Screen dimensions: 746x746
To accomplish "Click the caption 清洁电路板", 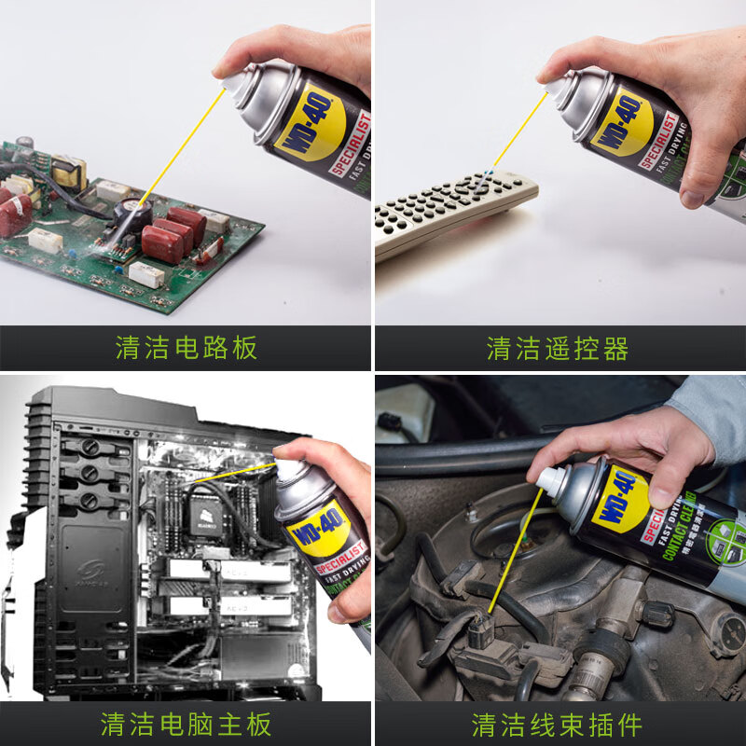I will (x=186, y=349).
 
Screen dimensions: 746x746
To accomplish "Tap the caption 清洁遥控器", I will (x=558, y=349).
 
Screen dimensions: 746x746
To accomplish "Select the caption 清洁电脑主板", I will (x=186, y=724).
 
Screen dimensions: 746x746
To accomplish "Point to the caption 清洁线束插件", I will (x=558, y=724).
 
